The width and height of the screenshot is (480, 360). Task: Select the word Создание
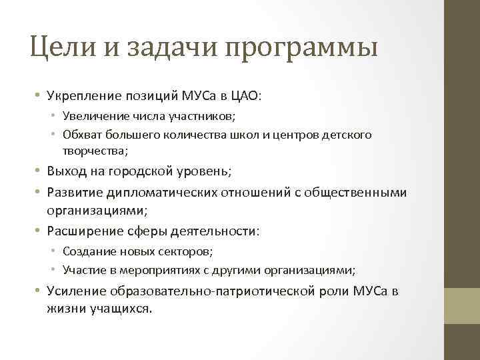coord(87,251)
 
